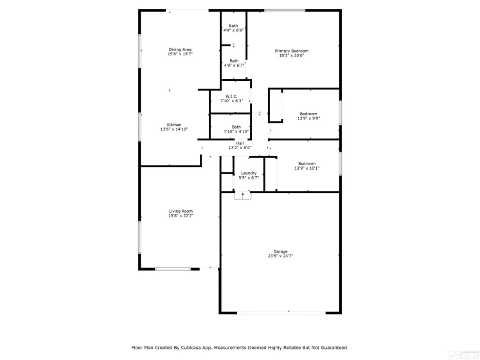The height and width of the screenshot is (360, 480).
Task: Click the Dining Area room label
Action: [x=180, y=50]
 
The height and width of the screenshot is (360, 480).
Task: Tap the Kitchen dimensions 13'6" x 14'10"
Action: [x=174, y=130]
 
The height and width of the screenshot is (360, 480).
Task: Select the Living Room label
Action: [x=181, y=211]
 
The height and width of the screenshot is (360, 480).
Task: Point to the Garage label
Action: [x=280, y=251]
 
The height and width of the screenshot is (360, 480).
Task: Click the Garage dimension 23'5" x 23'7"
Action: [x=280, y=256]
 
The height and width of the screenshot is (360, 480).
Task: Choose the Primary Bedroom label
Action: [x=292, y=51]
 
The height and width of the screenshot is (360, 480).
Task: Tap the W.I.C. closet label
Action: [x=231, y=96]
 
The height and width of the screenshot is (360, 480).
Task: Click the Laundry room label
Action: [x=249, y=173]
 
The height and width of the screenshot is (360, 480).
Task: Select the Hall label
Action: [x=240, y=143]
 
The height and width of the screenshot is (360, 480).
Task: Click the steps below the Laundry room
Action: [x=243, y=196]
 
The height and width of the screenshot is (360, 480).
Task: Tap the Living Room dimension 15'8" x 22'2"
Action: [x=181, y=216]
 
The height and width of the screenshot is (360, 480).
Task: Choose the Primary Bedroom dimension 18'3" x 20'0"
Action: [x=292, y=56]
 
